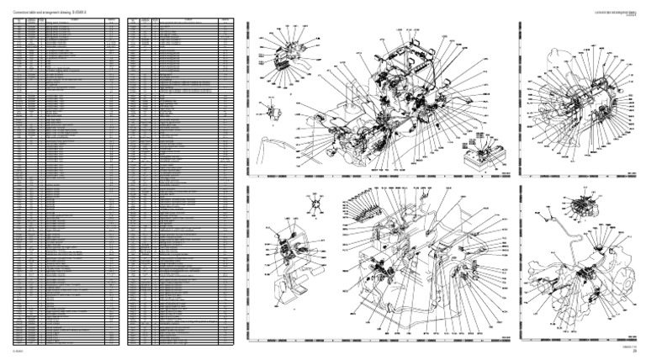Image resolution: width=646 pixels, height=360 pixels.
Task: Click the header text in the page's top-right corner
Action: pyautogui.click(x=622, y=13)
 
